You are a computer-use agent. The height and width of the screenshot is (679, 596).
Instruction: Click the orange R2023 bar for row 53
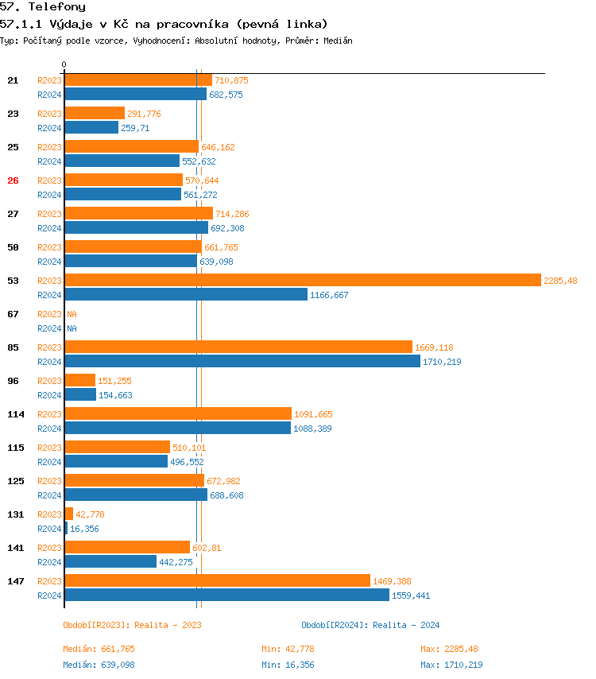[x=302, y=280]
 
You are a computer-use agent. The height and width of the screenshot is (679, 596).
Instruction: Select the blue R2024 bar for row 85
[x=242, y=361]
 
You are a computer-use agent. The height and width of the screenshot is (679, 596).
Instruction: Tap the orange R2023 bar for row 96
[x=79, y=380]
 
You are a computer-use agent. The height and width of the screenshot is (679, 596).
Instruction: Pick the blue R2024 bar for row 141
[x=110, y=561]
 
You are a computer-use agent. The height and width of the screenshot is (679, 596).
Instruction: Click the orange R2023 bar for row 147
[x=217, y=580]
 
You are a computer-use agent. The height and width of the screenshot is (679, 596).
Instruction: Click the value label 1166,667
[x=329, y=295]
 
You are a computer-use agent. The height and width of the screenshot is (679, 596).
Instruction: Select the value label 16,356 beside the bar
[x=84, y=529]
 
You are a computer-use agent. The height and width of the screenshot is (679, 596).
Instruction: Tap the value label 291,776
[x=144, y=114]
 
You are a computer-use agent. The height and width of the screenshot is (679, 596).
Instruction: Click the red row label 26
[x=13, y=180]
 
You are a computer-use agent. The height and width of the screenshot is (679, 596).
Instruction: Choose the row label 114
[x=16, y=414]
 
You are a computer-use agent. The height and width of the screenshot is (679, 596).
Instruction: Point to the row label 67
[x=13, y=314]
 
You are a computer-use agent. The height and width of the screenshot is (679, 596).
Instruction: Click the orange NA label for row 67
[x=72, y=314]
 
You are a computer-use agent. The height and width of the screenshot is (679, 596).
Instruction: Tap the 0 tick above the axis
[x=64, y=64]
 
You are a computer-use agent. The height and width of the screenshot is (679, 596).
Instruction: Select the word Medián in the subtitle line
[x=338, y=40]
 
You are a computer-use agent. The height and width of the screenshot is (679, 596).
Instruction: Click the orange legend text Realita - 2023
[x=168, y=625]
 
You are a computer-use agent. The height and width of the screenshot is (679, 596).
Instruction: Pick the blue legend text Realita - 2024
[x=406, y=625]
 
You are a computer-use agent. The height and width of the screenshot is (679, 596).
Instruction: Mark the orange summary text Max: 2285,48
[x=450, y=649]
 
